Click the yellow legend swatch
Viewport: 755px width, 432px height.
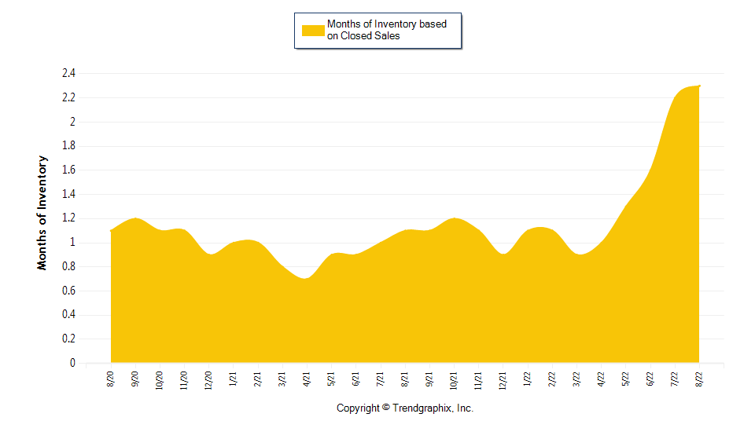313,30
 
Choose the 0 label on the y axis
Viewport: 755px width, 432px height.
72,364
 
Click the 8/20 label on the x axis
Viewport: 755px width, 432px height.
111,379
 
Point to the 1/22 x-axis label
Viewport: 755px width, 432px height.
528,379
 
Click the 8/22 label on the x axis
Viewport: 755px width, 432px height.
699,379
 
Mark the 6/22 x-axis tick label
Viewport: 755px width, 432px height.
650,379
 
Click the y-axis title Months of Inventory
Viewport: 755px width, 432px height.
42,213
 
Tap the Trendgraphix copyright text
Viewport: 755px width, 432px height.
405,408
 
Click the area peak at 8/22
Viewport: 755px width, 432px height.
699,86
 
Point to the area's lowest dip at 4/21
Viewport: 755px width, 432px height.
307,279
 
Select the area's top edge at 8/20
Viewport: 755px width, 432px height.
112,231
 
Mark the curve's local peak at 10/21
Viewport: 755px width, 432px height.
454,218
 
